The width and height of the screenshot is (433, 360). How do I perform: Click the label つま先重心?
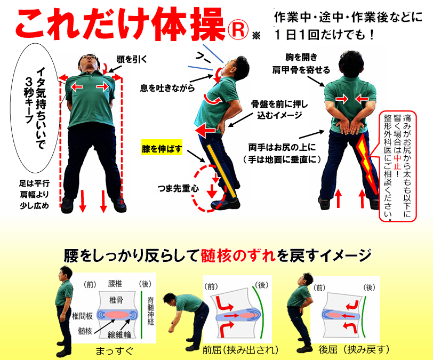point(179,188)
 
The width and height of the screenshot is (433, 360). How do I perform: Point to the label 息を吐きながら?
point(167,88)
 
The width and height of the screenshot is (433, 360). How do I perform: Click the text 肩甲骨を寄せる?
point(301,70)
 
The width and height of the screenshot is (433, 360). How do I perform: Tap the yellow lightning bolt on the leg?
point(367,165)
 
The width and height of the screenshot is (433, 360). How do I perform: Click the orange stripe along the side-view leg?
point(222,171)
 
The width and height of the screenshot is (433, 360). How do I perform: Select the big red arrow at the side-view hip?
point(205,130)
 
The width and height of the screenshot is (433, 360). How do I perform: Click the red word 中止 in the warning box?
point(397,162)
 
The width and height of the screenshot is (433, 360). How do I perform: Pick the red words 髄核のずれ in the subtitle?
point(238,255)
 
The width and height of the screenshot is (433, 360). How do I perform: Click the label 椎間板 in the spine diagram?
point(82,316)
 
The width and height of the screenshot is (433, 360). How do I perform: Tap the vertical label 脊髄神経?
point(150,310)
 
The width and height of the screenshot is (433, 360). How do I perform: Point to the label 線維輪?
point(119,334)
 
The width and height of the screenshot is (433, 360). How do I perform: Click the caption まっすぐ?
point(114,351)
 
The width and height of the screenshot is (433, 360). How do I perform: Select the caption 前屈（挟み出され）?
point(240,350)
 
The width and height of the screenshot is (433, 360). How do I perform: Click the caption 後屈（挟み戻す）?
point(354,350)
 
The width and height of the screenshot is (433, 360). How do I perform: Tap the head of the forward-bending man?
point(169,300)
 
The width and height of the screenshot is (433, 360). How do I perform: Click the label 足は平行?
point(34,183)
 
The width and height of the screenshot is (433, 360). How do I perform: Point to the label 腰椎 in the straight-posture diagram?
point(115,284)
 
